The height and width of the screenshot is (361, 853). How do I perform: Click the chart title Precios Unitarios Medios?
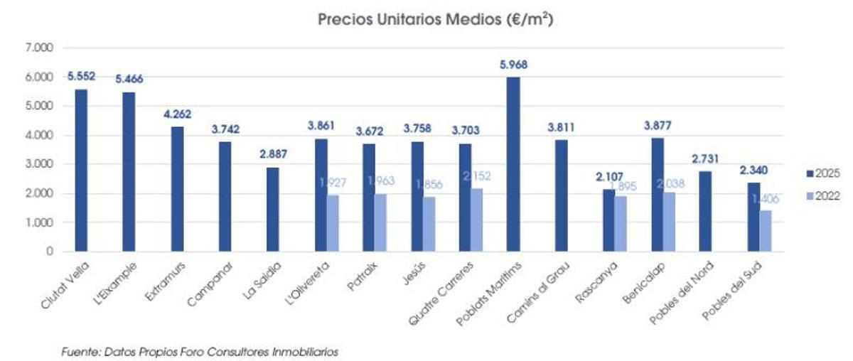click(435, 21)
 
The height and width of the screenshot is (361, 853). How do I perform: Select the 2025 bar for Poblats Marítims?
click(513, 164)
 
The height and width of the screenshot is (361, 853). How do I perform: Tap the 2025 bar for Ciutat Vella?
click(80, 171)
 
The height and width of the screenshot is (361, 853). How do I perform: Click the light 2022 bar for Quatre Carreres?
click(476, 220)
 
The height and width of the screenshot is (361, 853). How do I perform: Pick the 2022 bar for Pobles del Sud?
click(765, 231)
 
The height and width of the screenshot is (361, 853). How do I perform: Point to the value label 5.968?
click(513, 65)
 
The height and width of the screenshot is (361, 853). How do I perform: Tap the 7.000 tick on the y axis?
click(40, 48)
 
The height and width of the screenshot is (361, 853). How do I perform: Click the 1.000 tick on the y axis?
click(40, 222)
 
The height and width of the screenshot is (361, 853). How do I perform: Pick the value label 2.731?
click(705, 157)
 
